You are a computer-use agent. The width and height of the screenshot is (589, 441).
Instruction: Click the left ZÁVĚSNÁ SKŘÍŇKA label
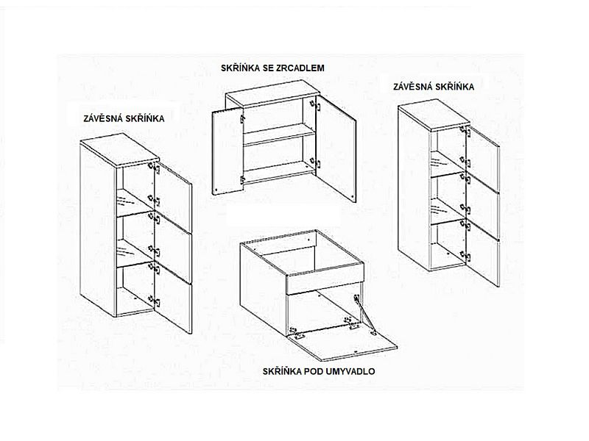(x=124, y=119)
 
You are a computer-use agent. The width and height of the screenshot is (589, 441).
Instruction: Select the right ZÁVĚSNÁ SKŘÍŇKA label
(x=434, y=87)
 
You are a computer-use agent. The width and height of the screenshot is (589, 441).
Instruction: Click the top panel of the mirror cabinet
(x=272, y=93)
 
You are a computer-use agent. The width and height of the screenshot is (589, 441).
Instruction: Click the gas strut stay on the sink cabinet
(x=363, y=315)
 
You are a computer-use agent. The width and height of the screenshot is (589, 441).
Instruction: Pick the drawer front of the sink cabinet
(x=325, y=279)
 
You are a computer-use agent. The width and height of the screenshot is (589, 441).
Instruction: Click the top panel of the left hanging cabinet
(x=119, y=150)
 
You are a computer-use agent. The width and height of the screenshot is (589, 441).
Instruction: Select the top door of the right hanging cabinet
(x=483, y=160)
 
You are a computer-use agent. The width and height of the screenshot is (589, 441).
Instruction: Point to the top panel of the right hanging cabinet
(x=434, y=115)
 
